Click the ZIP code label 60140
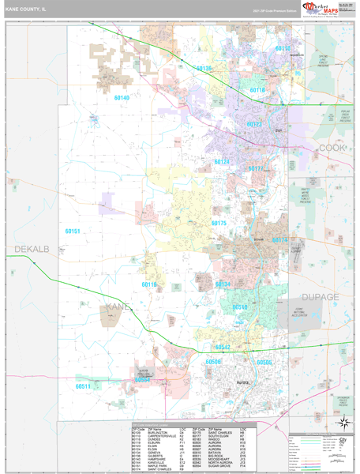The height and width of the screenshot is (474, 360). pyautogui.click(x=121, y=98)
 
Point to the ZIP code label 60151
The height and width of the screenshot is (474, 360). pyautogui.click(x=72, y=231)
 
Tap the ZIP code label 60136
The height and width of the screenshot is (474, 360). pyautogui.click(x=204, y=69)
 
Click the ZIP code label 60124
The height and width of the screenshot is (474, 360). pyautogui.click(x=222, y=162)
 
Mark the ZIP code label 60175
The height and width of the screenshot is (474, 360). pyautogui.click(x=219, y=224)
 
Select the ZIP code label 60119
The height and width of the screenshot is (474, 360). pyautogui.click(x=149, y=284)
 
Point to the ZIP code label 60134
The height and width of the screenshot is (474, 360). pyautogui.click(x=223, y=284)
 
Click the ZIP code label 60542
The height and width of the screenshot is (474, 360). pyautogui.click(x=223, y=347)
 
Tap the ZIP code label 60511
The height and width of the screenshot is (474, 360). pyautogui.click(x=83, y=386)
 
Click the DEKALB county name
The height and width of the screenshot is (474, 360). pyautogui.click(x=32, y=249)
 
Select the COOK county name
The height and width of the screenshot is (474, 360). pyautogui.click(x=332, y=148)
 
